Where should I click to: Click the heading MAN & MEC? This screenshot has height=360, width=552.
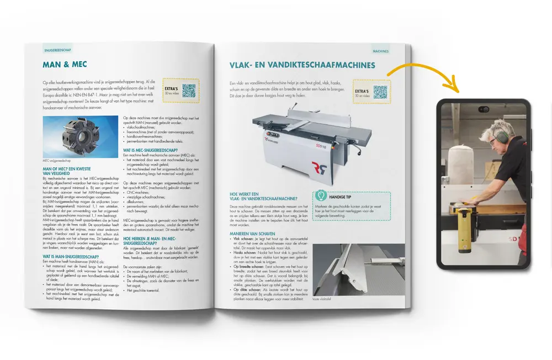(x=65, y=65)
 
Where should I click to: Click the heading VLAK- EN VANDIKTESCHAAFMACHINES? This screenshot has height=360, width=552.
(x=302, y=65)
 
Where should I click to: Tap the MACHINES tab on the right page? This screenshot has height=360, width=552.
(x=381, y=51)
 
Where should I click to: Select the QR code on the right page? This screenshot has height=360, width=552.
(x=380, y=92)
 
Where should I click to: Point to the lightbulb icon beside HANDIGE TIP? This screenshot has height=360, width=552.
(x=320, y=196)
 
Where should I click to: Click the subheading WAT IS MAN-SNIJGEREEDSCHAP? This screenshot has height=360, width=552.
(x=71, y=257)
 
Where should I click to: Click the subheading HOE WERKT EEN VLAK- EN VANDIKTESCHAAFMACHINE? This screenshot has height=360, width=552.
(x=264, y=196)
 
